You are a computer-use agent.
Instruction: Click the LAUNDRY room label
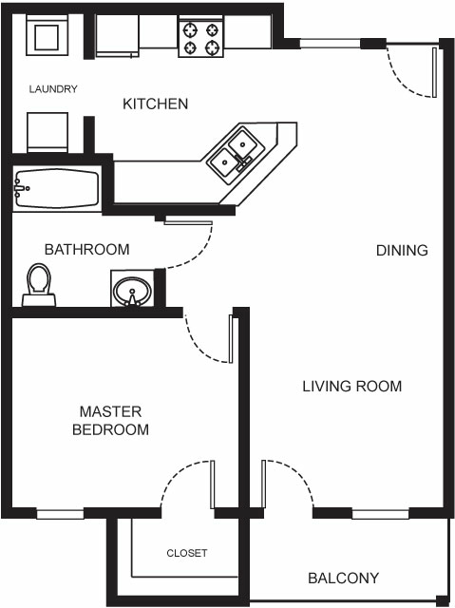point(52,89)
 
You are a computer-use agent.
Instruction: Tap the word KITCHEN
point(155,104)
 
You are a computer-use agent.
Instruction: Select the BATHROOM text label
point(86,250)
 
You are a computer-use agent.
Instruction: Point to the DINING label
point(402,251)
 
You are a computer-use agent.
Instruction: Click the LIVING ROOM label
point(351,387)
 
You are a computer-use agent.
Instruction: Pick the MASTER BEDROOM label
point(110,421)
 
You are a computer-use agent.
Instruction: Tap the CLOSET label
point(186,553)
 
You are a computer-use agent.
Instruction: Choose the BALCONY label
point(343,578)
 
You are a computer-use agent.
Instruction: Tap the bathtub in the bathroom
point(56,190)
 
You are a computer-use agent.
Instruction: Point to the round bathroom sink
point(130,289)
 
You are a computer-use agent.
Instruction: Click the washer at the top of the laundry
point(45,36)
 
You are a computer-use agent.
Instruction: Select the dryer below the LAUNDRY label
point(46,130)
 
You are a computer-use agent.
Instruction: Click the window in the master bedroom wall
point(61,514)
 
